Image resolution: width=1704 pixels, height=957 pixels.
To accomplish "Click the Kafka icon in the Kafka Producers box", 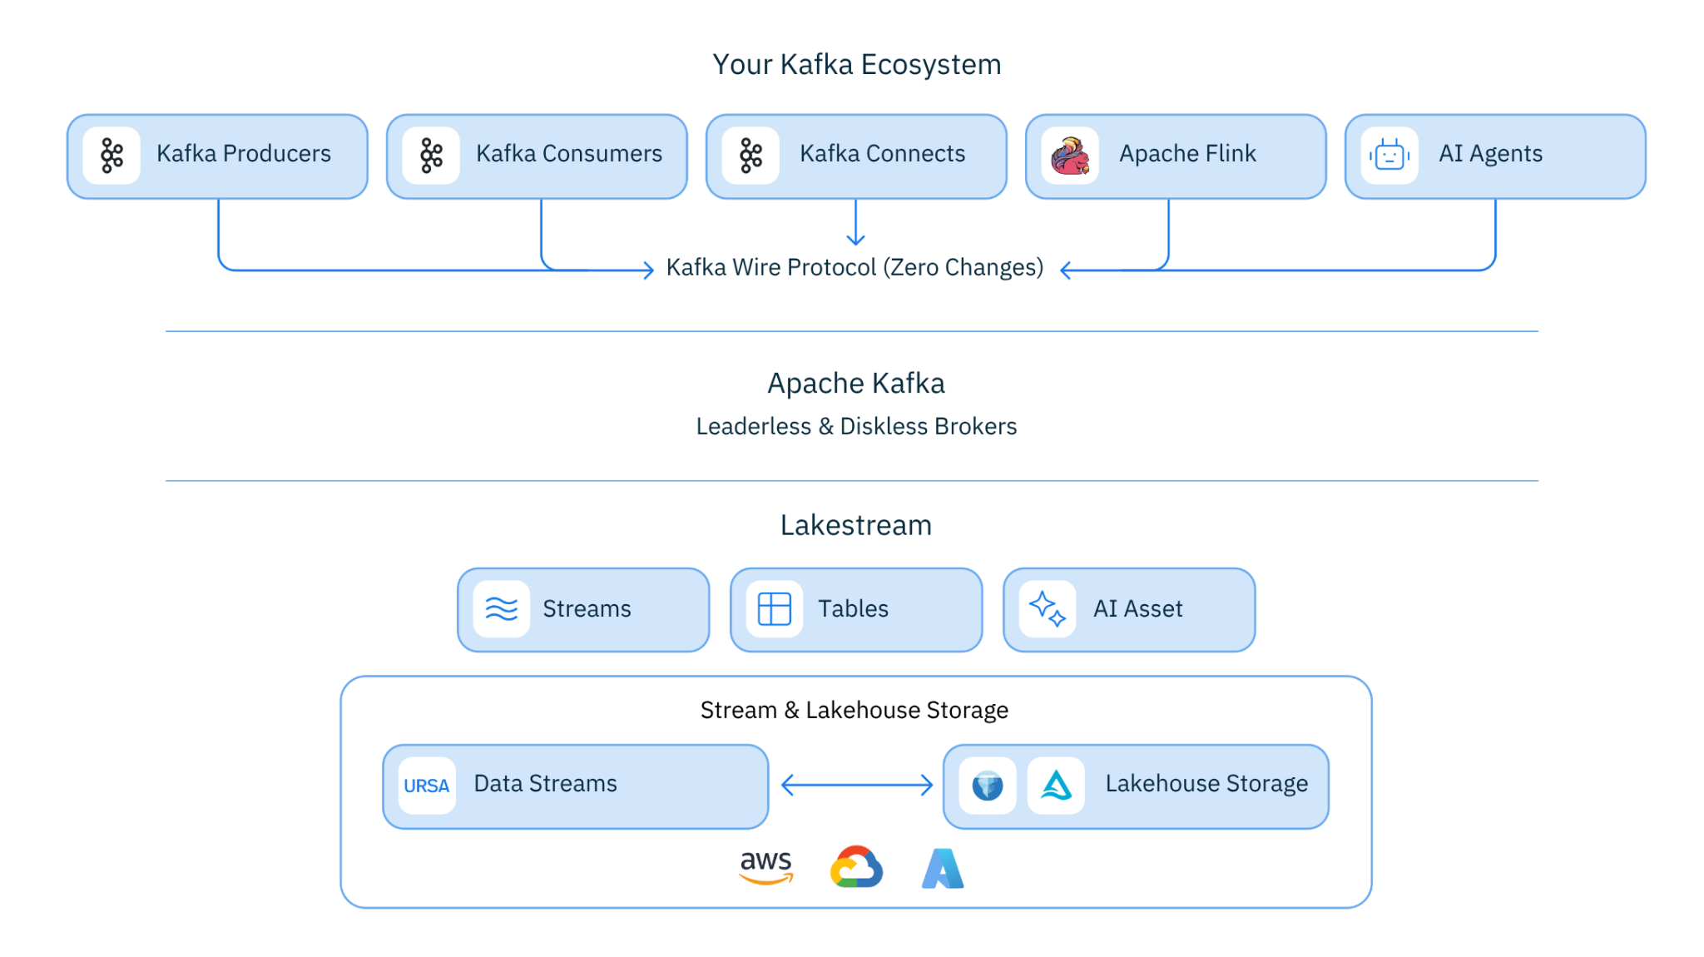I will pos(111,156).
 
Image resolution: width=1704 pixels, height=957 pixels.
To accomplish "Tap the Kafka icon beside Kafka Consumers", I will pos(431,156).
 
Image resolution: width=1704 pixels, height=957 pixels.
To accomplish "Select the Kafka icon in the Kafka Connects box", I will pos(750,156).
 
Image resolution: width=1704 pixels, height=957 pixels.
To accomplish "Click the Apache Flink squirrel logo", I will pos(1070,156).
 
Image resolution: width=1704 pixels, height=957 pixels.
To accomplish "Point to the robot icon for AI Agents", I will pos(1389,156).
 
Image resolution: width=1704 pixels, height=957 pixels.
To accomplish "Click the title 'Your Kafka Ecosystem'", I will pos(856,65).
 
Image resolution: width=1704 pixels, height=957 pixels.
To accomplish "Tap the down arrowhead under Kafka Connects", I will pos(855,240).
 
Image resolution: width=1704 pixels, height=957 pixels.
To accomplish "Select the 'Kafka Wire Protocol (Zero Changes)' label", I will pos(854,268).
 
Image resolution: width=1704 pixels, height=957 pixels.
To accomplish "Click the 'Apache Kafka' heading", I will pos(856,384).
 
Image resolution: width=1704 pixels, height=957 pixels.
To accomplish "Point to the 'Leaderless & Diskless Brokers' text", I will pos(856,427).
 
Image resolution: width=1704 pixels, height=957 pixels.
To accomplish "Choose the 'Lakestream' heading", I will pos(856,526).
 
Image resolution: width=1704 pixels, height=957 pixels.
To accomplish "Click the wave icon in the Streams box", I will pos(502,609).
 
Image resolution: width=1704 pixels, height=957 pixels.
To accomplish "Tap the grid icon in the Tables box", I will pos(775,609).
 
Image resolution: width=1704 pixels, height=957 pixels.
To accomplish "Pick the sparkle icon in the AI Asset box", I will pos(1048,609).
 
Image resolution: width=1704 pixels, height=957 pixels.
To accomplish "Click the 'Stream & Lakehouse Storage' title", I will pos(854,711).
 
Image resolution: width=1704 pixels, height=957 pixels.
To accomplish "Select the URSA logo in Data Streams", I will pos(427,786).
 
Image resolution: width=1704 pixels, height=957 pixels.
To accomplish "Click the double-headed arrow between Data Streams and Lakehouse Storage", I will pos(857,785).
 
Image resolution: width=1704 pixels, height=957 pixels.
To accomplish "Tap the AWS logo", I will pos(766,867).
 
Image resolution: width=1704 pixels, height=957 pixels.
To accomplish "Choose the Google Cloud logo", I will pos(856,867).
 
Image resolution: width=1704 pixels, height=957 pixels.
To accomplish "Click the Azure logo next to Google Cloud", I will pos(943,869).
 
